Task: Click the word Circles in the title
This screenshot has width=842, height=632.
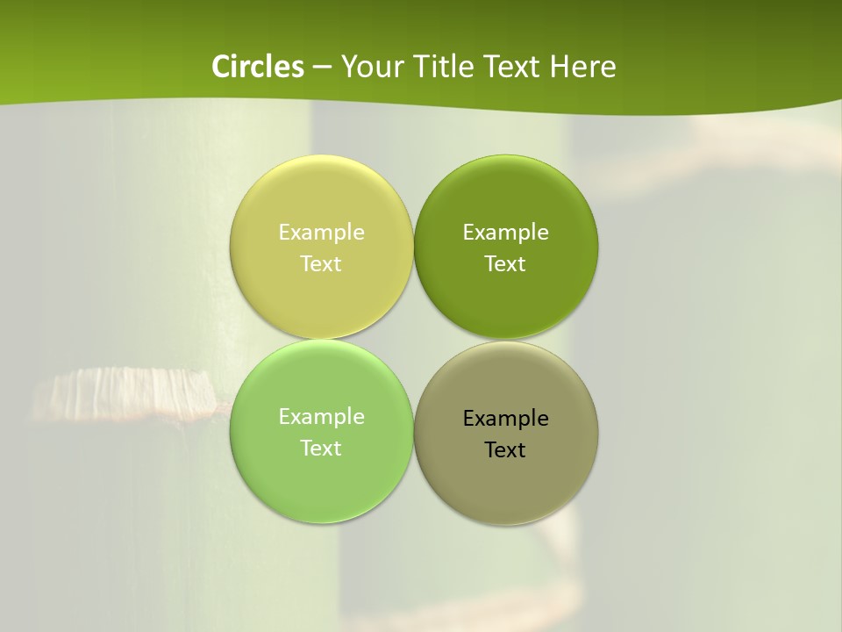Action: pos(258,67)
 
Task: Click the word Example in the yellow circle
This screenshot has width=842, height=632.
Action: pos(321,232)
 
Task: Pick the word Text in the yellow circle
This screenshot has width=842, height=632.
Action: pos(321,263)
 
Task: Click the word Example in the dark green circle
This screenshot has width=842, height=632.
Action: pos(505,232)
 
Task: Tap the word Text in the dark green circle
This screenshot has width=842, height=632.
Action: pos(505,263)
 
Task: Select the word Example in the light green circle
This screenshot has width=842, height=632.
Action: pos(321,416)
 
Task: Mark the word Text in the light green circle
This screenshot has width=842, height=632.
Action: pos(321,448)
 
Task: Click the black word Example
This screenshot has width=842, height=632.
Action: pos(505,418)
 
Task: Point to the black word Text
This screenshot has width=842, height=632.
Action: pos(505,449)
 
